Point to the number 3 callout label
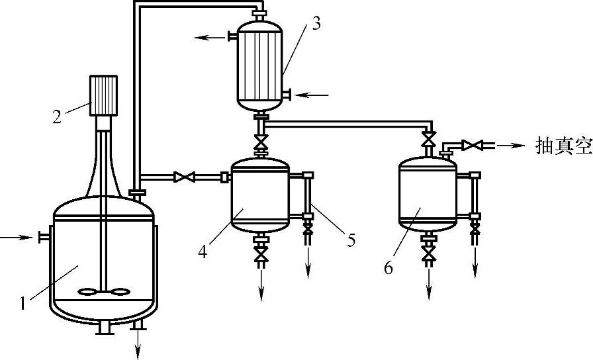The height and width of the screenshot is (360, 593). pos(316,24)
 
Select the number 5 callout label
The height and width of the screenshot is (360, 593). pos(350,240)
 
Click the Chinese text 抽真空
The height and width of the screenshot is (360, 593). pos(563,146)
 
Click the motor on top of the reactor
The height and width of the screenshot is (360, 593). pos(103,95)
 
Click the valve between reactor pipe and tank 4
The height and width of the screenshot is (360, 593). pos(183,177)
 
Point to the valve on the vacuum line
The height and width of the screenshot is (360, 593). pos(472,145)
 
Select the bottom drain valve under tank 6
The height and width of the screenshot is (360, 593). pos(430,254)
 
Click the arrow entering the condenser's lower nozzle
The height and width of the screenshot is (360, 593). pos(312,95)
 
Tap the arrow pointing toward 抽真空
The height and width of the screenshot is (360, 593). pos(510,145)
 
